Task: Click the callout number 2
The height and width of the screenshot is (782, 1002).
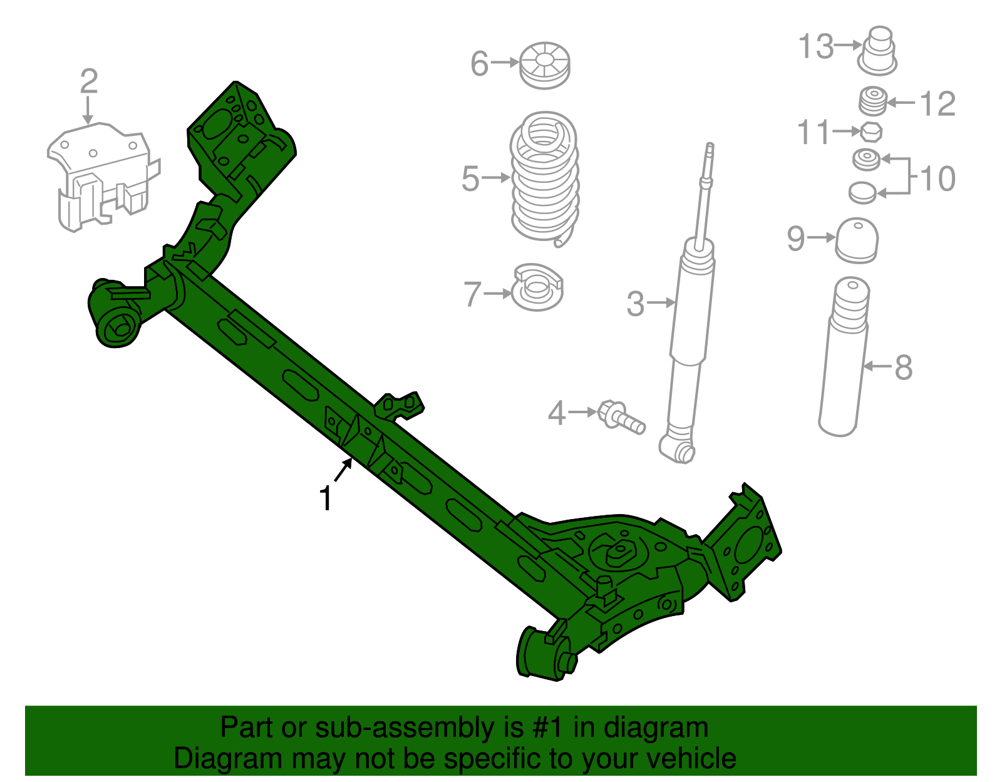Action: coord(89,82)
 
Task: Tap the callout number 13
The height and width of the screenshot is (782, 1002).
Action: coord(816,46)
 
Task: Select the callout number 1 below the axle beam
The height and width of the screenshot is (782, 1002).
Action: coord(325,498)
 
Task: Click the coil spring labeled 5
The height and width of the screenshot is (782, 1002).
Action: coord(544,178)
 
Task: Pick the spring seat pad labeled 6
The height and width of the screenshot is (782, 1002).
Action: coord(545,65)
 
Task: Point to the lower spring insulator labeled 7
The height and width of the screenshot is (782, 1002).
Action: coord(537,289)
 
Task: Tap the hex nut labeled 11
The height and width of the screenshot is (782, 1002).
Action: coord(870,132)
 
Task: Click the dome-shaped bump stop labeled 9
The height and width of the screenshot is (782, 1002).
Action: coord(857,240)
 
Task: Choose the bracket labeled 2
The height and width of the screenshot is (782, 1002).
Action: coord(100,175)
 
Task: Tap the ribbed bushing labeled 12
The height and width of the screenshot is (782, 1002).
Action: coord(872,102)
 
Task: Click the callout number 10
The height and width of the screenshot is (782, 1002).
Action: coord(937,179)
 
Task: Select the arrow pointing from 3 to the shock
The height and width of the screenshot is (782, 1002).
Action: coord(661,303)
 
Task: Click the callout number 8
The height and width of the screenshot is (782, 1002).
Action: coord(903,368)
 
